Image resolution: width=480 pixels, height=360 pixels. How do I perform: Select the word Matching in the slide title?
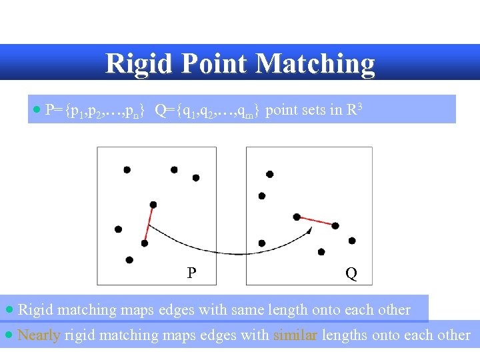click(x=315, y=64)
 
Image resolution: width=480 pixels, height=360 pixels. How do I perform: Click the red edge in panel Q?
click(x=316, y=221)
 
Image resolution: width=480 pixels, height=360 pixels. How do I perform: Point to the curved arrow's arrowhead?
click(x=309, y=230)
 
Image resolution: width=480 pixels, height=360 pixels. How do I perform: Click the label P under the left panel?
click(x=191, y=273)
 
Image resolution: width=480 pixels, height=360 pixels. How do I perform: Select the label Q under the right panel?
click(x=351, y=274)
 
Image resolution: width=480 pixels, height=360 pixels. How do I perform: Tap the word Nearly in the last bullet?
click(x=39, y=335)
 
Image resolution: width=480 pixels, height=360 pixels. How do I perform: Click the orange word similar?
click(x=295, y=335)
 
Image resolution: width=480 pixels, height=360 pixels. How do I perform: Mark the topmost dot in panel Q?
click(x=269, y=174)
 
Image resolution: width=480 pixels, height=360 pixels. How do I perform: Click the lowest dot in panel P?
click(x=129, y=259)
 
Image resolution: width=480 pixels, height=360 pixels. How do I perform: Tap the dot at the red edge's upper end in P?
click(x=153, y=205)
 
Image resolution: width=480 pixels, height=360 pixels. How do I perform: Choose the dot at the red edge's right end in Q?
click(x=335, y=226)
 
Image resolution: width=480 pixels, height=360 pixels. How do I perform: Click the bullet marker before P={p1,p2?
click(x=37, y=109)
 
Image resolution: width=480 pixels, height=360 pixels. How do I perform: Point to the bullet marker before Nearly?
click(x=9, y=335)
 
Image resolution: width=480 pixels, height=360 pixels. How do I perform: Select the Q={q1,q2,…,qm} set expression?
click(x=207, y=111)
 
